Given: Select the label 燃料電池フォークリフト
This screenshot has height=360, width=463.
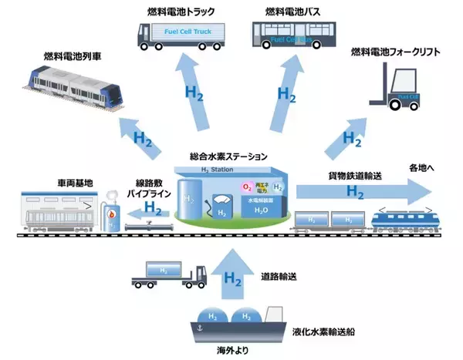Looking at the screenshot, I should (395, 52).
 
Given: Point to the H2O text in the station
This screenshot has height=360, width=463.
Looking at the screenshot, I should (263, 210).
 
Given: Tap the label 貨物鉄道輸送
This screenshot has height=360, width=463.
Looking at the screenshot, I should (342, 176).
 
